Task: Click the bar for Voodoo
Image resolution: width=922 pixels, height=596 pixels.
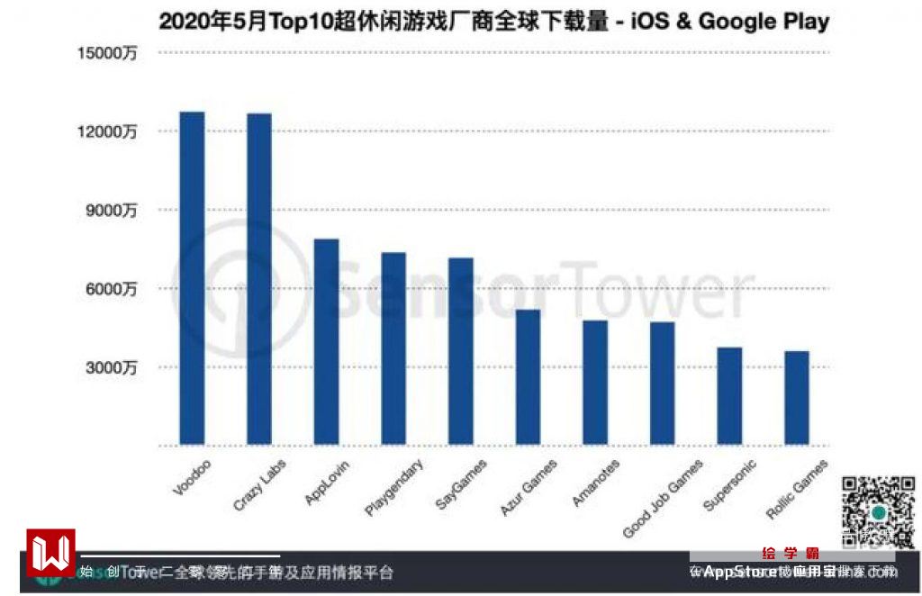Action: (192, 278)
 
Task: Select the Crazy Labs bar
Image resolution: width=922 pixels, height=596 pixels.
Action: (259, 279)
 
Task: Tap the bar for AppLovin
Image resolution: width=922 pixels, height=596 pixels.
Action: (326, 342)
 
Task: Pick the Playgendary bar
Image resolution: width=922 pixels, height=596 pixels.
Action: (393, 348)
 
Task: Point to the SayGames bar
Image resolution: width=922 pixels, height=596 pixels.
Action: (461, 351)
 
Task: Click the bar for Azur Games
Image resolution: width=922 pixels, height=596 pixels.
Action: (528, 377)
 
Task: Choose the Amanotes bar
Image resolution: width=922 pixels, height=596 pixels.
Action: (595, 383)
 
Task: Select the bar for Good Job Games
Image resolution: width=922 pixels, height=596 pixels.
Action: (663, 384)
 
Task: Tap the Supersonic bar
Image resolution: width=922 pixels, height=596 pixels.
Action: (729, 396)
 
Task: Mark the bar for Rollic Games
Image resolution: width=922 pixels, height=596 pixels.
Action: (797, 398)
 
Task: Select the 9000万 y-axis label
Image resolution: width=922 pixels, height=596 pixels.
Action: (112, 211)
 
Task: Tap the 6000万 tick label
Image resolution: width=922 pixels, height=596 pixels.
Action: (112, 289)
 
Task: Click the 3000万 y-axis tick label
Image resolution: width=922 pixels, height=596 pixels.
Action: (112, 367)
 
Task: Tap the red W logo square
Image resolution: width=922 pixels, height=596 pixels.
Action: (50, 552)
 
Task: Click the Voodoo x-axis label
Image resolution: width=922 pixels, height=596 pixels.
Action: (186, 478)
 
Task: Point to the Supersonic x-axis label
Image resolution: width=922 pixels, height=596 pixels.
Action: (730, 485)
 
